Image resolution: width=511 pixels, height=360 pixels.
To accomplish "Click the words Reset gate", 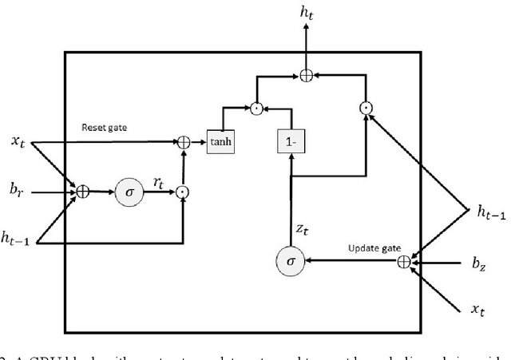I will click(104, 127).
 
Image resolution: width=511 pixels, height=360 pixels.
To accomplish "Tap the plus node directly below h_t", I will click(307, 75).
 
